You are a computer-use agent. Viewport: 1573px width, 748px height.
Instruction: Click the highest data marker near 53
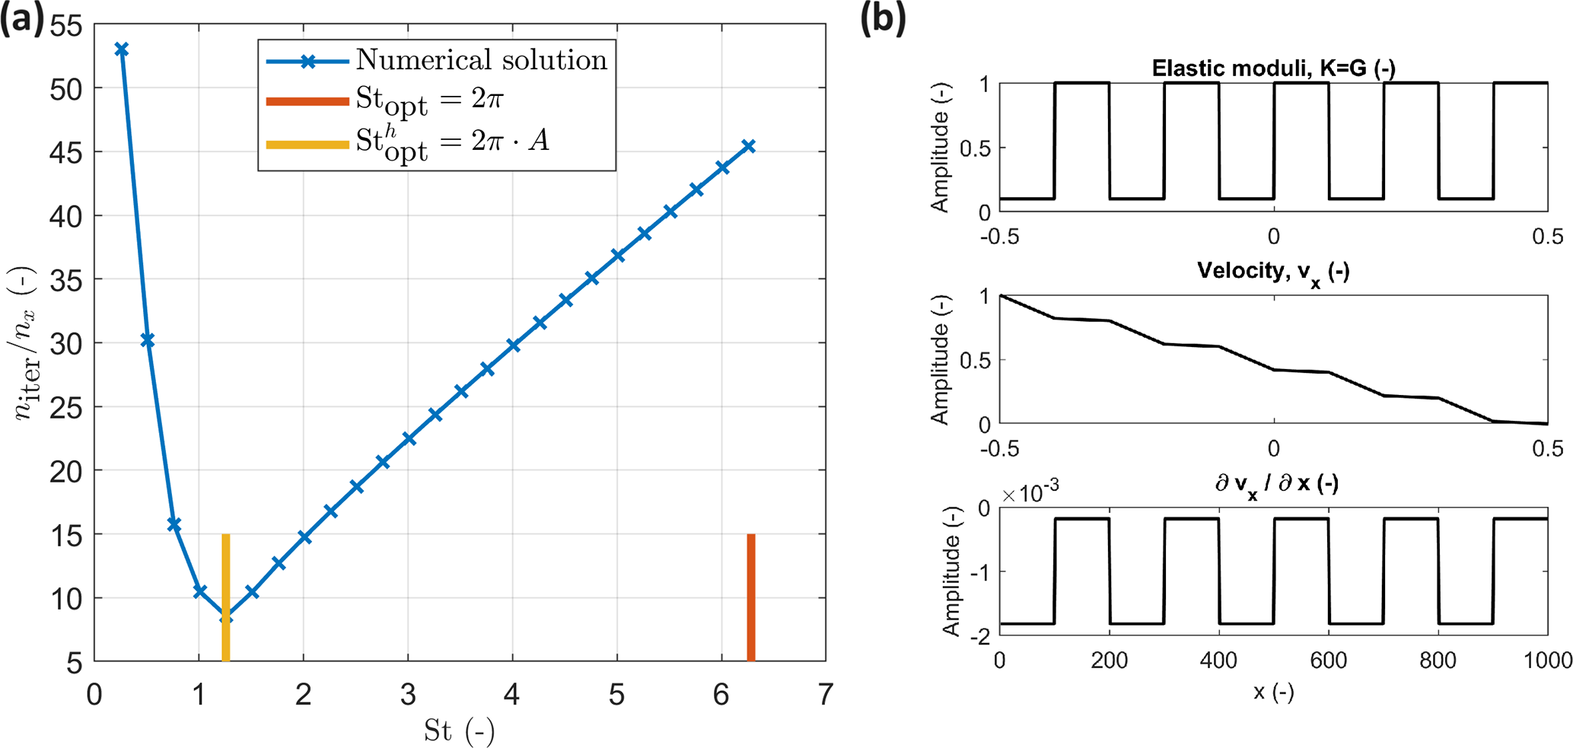coord(121,49)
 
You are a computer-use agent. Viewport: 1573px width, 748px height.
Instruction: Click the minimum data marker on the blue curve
coord(226,619)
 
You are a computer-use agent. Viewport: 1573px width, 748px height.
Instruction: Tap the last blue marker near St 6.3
coord(749,146)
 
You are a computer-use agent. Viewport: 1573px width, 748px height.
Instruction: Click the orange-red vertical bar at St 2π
coord(751,597)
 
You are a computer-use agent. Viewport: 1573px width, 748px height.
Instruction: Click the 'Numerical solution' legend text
coord(481,60)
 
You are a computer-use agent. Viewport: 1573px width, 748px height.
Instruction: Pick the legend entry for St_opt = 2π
coord(429,100)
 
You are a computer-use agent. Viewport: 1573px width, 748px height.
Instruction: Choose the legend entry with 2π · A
coord(452,142)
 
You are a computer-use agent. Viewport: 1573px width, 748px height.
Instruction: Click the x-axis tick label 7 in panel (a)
coord(825,694)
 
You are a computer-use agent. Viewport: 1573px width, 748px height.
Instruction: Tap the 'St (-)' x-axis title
coord(459,731)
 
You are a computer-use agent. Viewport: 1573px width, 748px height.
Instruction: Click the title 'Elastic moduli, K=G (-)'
coord(1273,68)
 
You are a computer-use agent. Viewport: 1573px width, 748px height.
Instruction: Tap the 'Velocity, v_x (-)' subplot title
coord(1273,272)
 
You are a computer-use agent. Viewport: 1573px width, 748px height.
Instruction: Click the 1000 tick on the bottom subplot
coord(1547,660)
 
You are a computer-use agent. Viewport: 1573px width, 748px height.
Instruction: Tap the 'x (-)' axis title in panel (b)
coord(1273,692)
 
